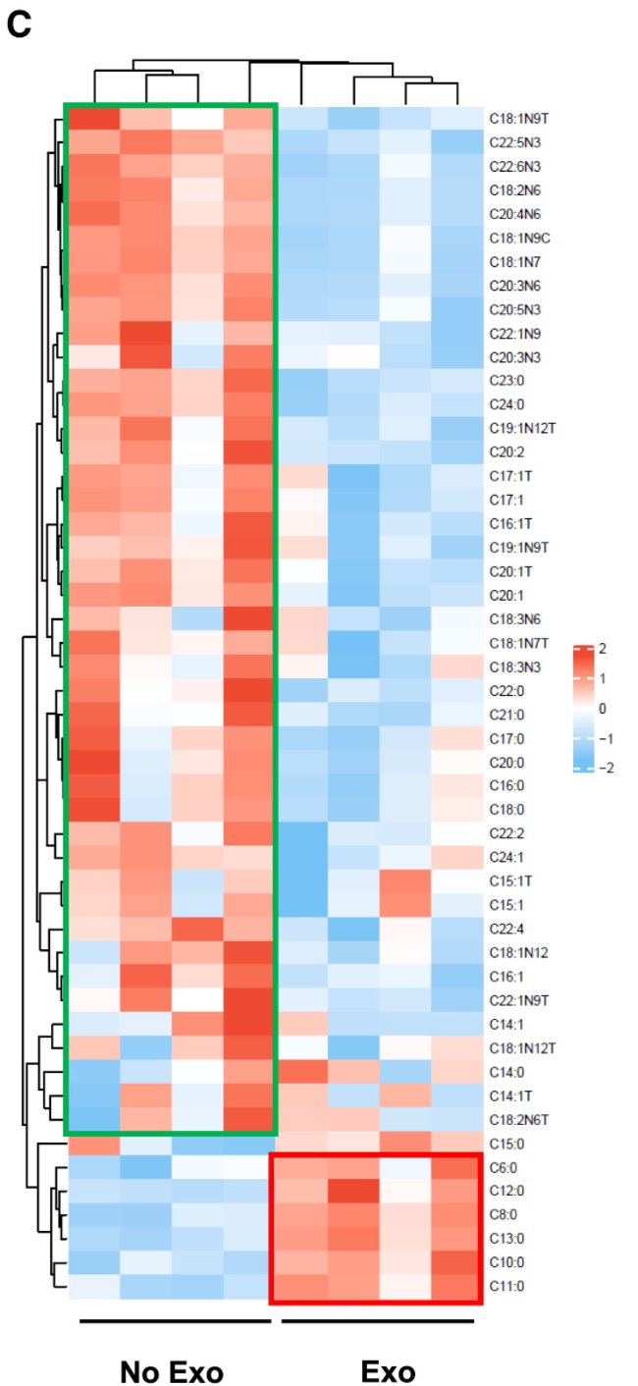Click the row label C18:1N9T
point(516,118)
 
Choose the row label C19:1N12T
point(519,427)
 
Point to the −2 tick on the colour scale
point(606,768)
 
